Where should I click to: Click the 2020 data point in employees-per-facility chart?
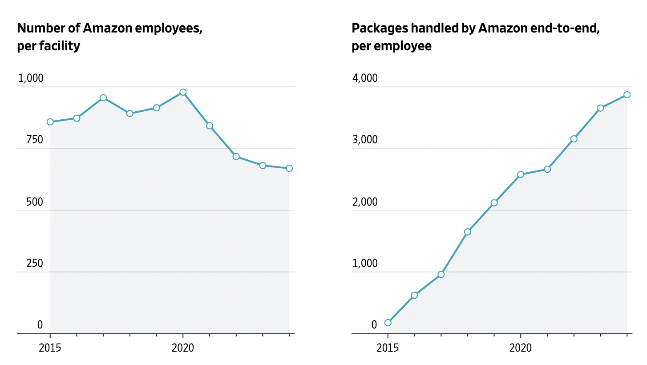pos(183,93)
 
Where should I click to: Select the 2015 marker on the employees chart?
pos(50,122)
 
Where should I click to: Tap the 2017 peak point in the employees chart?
pos(103,97)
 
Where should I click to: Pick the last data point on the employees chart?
pos(289,168)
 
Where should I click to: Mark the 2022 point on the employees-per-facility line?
pos(236,157)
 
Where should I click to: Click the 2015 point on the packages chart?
pos(388,323)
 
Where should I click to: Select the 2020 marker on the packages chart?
pos(521,174)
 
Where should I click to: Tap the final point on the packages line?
pos(627,95)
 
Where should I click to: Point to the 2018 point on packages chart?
pos(468,232)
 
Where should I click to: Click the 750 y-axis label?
pos(35,140)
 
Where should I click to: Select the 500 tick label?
pos(35,202)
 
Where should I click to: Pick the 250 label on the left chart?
pos(35,263)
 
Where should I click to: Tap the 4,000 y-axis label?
pos(365,78)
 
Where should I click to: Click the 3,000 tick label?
pos(365,140)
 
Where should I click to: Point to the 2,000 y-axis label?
pos(365,202)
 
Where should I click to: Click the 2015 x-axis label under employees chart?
pos(50,348)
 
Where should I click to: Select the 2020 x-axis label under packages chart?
pos(521,348)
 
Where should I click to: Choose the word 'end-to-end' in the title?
pos(565,28)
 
